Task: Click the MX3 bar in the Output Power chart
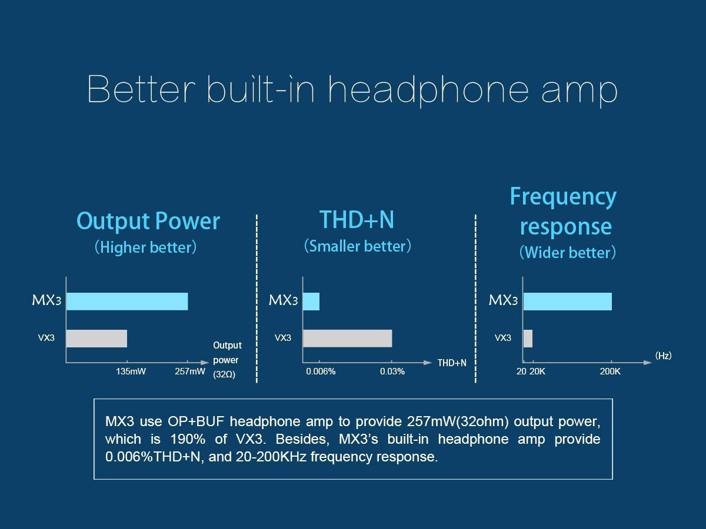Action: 127,301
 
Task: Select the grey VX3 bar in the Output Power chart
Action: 96,339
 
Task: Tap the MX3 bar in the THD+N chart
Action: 311,301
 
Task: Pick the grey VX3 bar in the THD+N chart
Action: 347,339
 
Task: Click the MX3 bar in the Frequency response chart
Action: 567,301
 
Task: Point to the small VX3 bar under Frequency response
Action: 528,339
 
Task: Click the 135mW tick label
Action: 131,371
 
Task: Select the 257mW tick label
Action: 190,371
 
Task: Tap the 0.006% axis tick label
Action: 321,371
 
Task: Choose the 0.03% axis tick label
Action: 392,371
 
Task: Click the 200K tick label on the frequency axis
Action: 610,371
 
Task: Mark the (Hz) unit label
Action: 663,356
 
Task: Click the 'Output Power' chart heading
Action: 148,222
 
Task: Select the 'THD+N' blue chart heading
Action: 357,219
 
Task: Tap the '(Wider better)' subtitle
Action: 567,253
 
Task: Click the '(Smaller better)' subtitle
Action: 357,246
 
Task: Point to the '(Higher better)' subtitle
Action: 145,247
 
